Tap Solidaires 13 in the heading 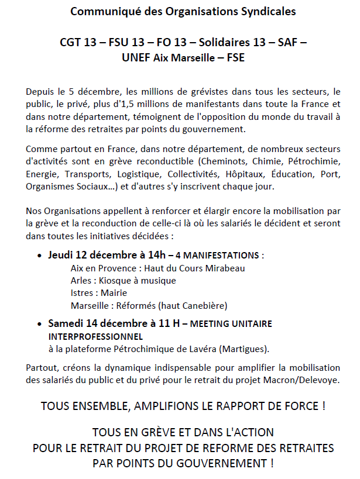coord(228,42)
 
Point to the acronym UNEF coord(136,57)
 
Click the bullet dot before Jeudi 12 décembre coord(40,256)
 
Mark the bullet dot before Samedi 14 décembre coord(40,323)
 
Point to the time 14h coord(152,256)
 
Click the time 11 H coord(167,323)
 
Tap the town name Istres coord(82,293)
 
